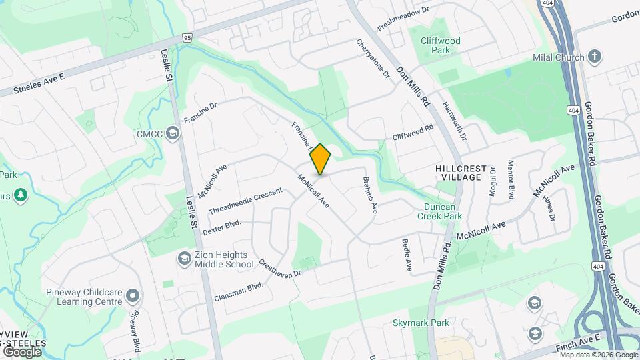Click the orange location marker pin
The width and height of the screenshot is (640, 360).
point(321,159)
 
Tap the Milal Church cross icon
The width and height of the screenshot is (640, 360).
point(595,57)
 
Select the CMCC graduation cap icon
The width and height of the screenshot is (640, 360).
point(173,134)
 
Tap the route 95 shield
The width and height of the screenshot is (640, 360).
point(186,38)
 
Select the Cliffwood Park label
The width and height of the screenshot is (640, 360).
point(440,45)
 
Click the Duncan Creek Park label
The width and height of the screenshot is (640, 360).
point(439,211)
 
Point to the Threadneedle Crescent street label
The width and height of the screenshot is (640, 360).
point(245,201)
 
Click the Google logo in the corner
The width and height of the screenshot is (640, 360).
point(22,351)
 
